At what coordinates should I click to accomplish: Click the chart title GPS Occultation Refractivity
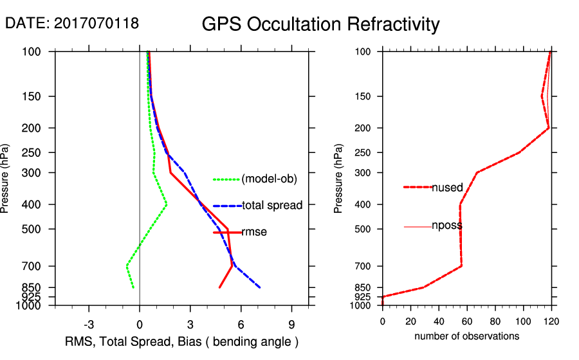pyautogui.click(x=320, y=24)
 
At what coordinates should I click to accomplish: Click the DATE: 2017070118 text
pyautogui.click(x=72, y=24)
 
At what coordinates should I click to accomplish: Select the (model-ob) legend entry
pyautogui.click(x=269, y=179)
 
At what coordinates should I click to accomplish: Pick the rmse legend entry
pyautogui.click(x=254, y=232)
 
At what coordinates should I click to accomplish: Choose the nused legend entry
pyautogui.click(x=447, y=188)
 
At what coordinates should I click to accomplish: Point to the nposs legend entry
pyautogui.click(x=447, y=226)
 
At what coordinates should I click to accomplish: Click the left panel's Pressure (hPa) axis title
pyautogui.click(x=6, y=179)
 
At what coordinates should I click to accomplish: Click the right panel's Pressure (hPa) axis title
pyautogui.click(x=338, y=179)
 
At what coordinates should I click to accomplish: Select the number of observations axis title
pyautogui.click(x=466, y=336)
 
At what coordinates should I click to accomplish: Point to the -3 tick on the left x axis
pyautogui.click(x=89, y=325)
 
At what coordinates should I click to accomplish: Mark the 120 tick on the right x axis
pyautogui.click(x=551, y=319)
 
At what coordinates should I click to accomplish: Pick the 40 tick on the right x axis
pyautogui.click(x=439, y=319)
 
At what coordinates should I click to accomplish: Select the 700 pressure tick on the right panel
pyautogui.click(x=363, y=266)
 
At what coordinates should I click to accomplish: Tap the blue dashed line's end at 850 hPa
pyautogui.click(x=259, y=287)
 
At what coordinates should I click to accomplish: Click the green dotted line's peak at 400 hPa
pyautogui.click(x=166, y=204)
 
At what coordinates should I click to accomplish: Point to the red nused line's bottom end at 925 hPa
pyautogui.click(x=383, y=297)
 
